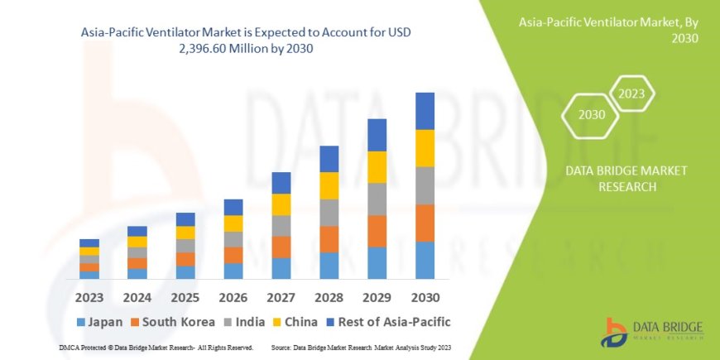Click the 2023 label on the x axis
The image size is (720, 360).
[x=89, y=296]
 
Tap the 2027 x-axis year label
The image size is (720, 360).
[x=281, y=296]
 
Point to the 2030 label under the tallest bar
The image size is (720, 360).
[x=425, y=296]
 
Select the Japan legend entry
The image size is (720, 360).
[x=99, y=321]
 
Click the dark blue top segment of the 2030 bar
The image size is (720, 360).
[x=425, y=111]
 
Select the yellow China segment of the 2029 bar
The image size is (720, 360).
[x=377, y=167]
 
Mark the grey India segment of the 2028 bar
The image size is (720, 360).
[x=329, y=213]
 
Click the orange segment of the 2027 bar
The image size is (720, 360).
[x=281, y=247]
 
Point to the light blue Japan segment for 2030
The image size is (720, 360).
[x=425, y=260]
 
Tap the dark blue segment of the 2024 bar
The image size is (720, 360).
[x=137, y=231]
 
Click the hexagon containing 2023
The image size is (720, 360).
[x=632, y=94]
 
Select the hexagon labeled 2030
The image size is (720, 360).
[x=591, y=115]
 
